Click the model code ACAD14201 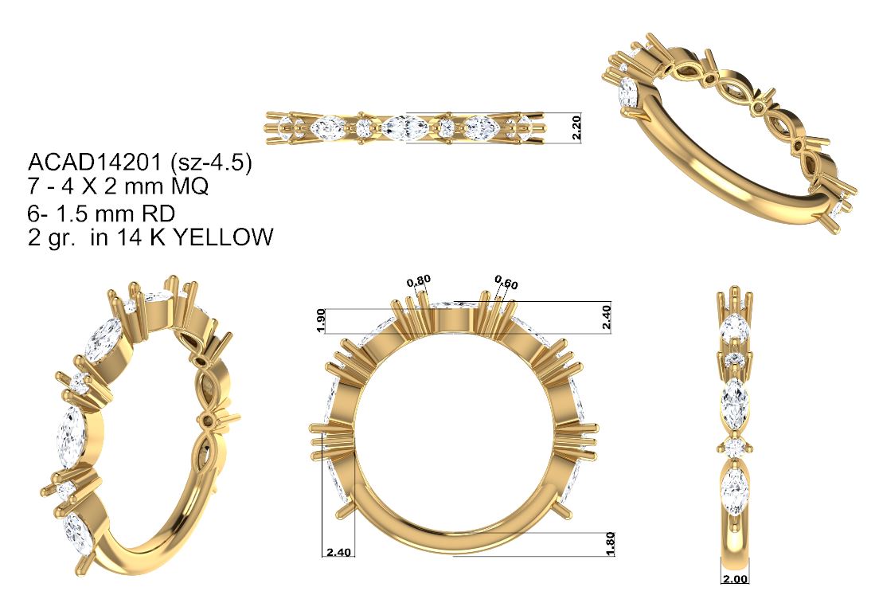(x=94, y=162)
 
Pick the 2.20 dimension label (x=577, y=127)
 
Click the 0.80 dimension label (x=419, y=281)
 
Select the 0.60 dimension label (x=506, y=283)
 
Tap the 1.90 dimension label (x=321, y=320)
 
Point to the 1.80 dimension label (x=610, y=543)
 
